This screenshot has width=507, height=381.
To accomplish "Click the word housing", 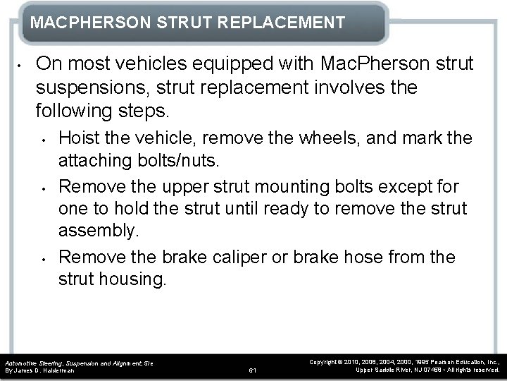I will [131, 279].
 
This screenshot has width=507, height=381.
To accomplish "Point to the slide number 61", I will [253, 370].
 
